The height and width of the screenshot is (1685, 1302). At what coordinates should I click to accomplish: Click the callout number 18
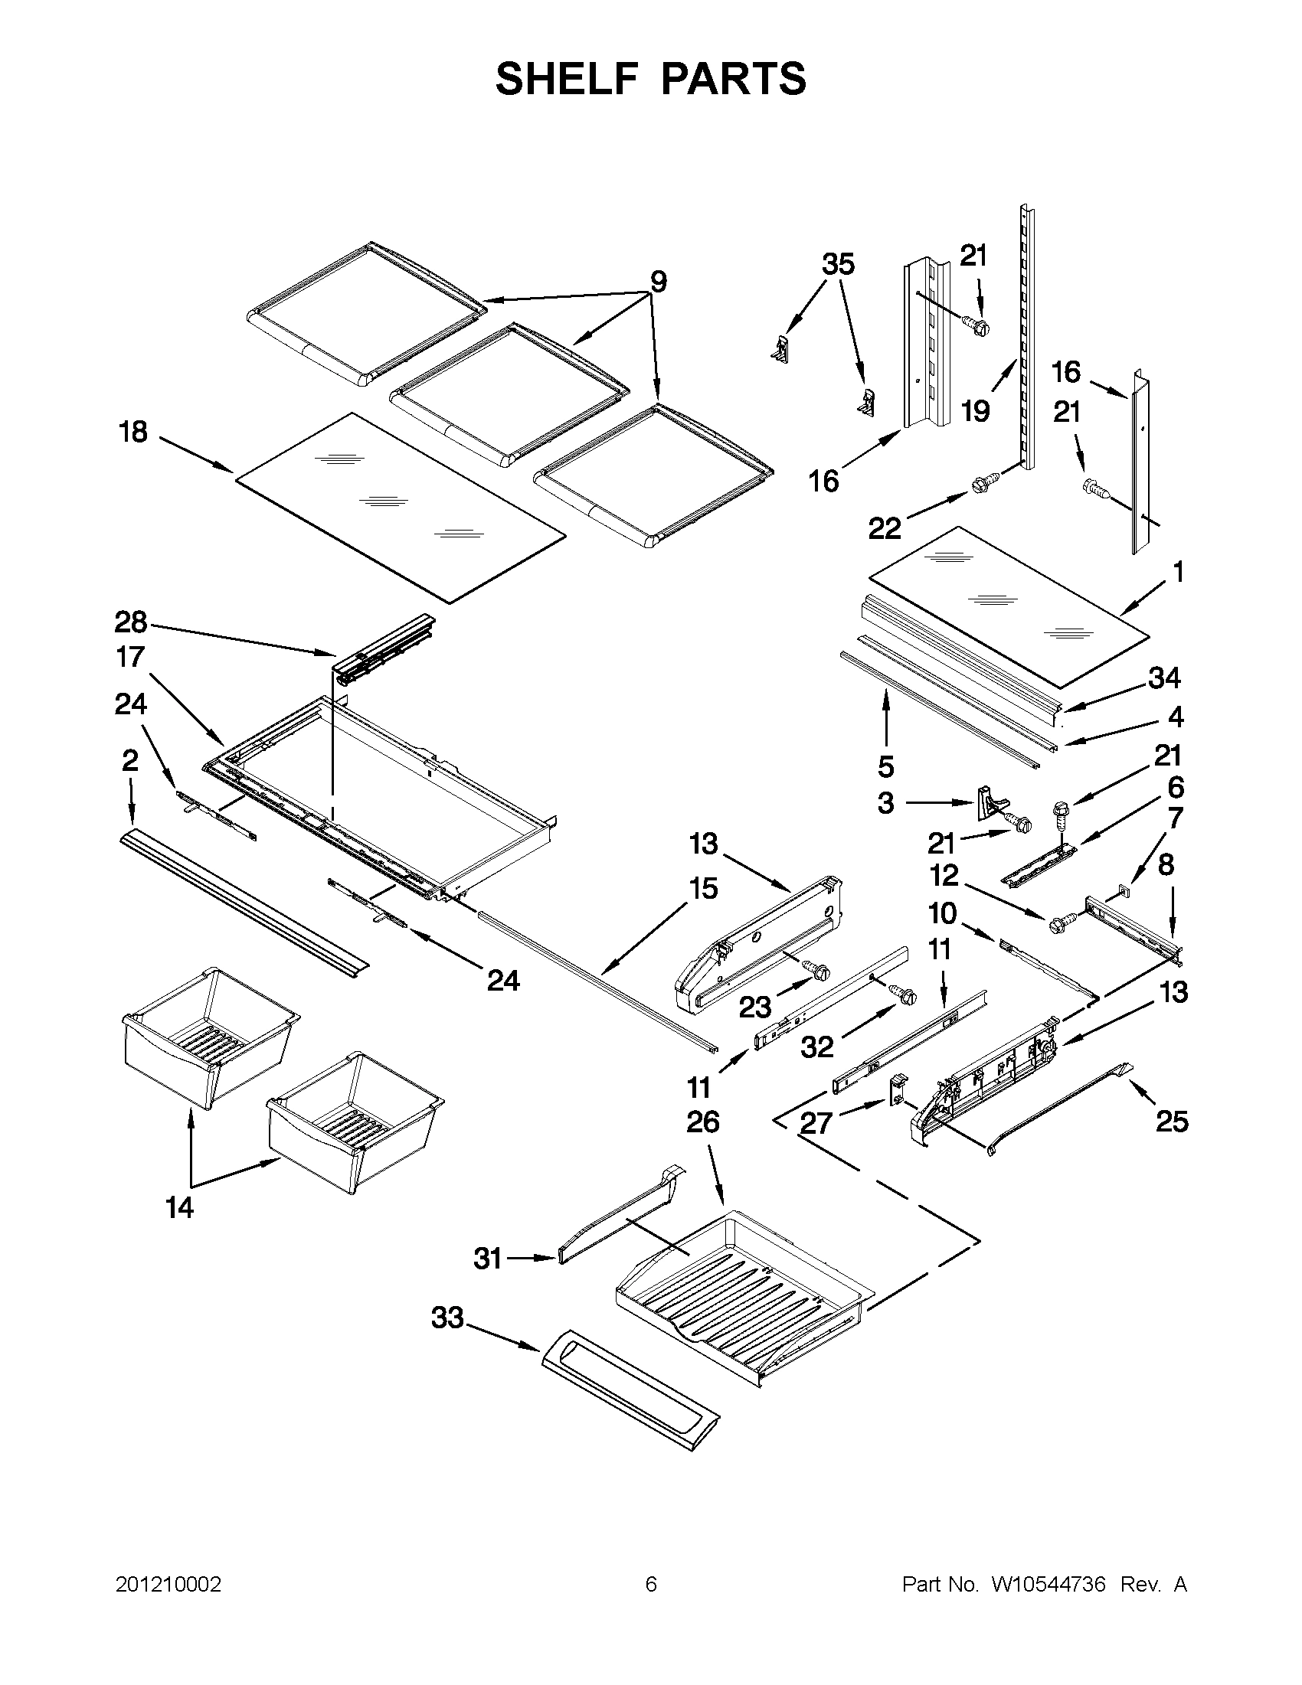click(x=133, y=433)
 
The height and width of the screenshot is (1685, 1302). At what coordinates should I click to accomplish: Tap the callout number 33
click(x=447, y=1318)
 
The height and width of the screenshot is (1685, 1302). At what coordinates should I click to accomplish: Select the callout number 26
click(x=703, y=1122)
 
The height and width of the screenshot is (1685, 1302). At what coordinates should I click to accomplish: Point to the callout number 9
click(x=658, y=282)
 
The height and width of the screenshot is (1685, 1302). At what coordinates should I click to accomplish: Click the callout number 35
click(x=838, y=265)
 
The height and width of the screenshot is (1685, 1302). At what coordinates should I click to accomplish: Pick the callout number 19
click(x=976, y=411)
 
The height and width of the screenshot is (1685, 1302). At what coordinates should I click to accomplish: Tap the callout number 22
click(x=885, y=528)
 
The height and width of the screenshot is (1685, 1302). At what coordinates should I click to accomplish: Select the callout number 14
click(x=179, y=1208)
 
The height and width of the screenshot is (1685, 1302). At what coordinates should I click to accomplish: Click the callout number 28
click(x=130, y=622)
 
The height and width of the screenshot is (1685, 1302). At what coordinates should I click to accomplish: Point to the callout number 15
click(x=703, y=889)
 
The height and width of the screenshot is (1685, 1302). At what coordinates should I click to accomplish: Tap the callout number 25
click(x=1172, y=1122)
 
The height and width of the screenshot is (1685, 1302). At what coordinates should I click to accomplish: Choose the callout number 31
click(x=488, y=1260)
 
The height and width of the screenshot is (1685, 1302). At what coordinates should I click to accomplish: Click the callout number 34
click(x=1164, y=678)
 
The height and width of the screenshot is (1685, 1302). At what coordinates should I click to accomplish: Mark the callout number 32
click(x=817, y=1047)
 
